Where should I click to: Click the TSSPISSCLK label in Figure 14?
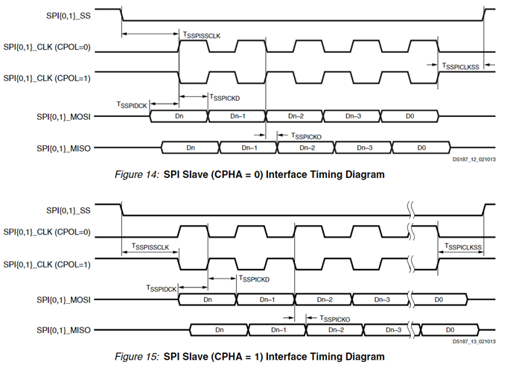click(x=202, y=35)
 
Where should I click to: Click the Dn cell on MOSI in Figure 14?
click(x=179, y=117)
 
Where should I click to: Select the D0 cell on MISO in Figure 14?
click(x=422, y=147)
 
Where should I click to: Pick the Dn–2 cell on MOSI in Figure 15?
click(x=324, y=299)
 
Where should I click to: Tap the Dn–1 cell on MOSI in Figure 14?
click(x=237, y=117)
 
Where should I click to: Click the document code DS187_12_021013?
click(x=475, y=159)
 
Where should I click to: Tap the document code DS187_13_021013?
click(x=475, y=341)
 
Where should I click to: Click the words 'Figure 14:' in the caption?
click(x=137, y=174)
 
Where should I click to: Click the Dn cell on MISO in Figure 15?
click(x=219, y=329)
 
